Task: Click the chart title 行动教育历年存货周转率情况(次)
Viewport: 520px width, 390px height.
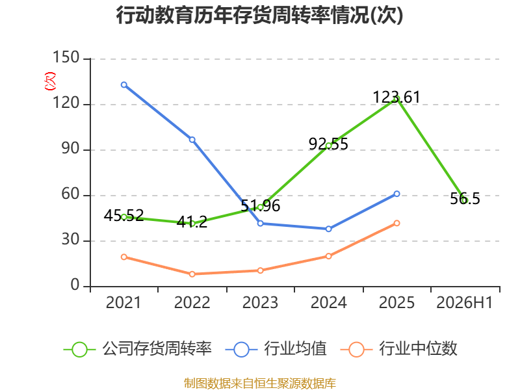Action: (x=259, y=15)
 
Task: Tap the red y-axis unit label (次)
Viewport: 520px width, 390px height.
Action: (x=50, y=81)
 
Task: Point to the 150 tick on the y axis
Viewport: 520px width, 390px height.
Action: (x=66, y=57)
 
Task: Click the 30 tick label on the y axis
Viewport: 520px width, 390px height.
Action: (x=70, y=239)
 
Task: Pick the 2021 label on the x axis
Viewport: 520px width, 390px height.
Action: (x=123, y=302)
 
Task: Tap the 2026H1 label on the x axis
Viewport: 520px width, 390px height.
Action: (x=464, y=302)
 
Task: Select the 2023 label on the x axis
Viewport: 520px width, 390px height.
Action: (x=260, y=302)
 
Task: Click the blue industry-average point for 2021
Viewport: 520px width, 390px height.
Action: (x=124, y=85)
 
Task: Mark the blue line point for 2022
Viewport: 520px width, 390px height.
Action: (x=192, y=140)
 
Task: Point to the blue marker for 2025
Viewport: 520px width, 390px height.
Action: (x=396, y=194)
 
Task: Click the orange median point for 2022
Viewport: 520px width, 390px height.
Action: (x=192, y=274)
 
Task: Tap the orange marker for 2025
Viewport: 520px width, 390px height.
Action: (x=396, y=223)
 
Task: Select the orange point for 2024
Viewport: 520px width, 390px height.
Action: (x=329, y=256)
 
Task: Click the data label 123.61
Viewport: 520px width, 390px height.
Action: (x=396, y=97)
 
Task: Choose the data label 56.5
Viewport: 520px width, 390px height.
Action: (x=465, y=199)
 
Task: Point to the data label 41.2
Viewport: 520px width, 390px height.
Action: (x=192, y=222)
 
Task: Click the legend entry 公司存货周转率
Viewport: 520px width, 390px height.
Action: (x=138, y=349)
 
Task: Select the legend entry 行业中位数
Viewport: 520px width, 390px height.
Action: (x=399, y=349)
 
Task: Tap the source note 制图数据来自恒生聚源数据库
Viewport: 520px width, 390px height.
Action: (x=260, y=383)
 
